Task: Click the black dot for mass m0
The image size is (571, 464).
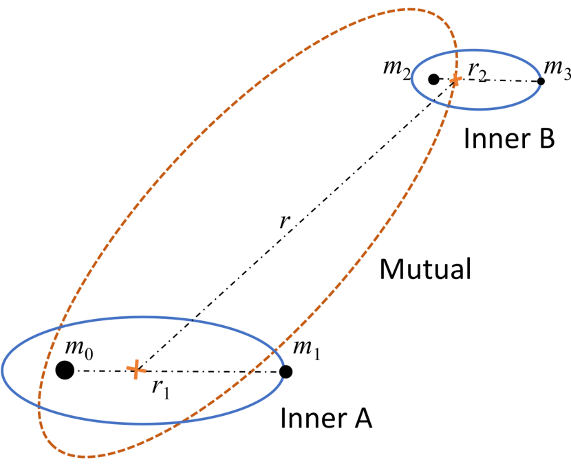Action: (65, 370)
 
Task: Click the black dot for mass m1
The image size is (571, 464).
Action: (287, 372)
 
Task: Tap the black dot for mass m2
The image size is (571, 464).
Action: (433, 79)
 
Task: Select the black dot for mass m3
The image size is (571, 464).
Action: (541, 81)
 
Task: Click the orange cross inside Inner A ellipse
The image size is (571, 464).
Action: (136, 370)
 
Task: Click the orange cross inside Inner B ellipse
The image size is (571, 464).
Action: (455, 80)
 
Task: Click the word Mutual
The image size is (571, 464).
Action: (425, 269)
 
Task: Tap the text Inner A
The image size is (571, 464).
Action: (325, 418)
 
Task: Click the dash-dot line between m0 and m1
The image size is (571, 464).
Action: (206, 371)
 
